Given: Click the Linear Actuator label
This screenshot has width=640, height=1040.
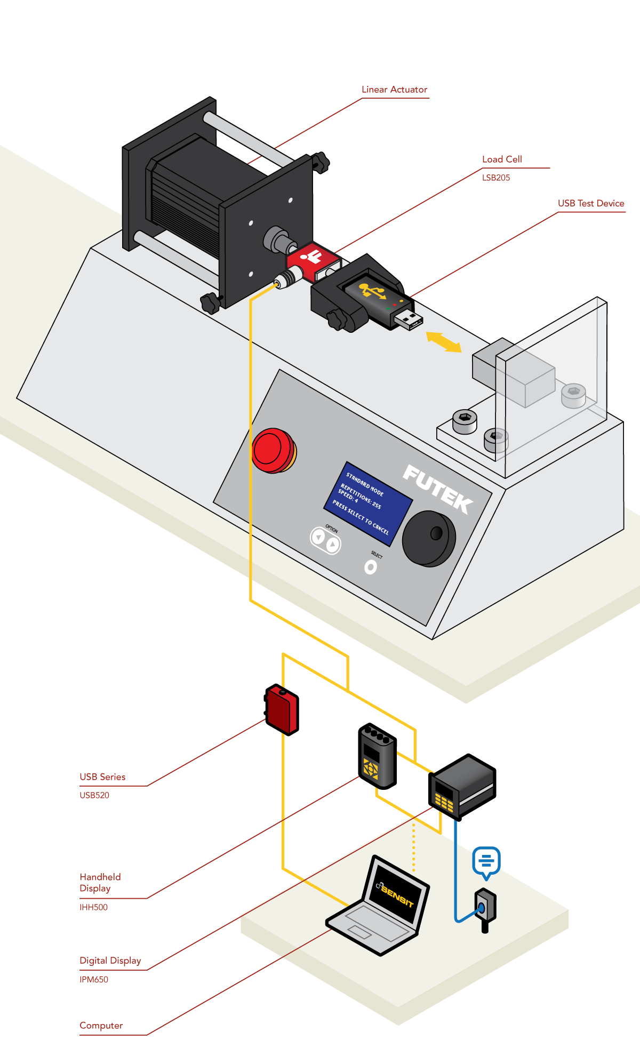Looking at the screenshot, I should [394, 90].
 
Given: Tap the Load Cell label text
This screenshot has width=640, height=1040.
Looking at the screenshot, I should [502, 159].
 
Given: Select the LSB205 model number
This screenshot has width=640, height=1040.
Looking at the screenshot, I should [496, 178].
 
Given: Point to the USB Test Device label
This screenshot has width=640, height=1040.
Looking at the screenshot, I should [590, 204].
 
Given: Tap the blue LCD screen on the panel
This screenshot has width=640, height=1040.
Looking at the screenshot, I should [368, 504].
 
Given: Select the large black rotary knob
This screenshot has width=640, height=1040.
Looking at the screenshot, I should [428, 538].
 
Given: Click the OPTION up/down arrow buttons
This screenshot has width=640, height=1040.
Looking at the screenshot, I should [325, 540].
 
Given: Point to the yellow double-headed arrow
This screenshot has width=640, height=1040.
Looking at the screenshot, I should [444, 342].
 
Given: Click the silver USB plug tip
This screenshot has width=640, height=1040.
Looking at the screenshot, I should [410, 321].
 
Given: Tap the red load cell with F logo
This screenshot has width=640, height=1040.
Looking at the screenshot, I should [312, 260].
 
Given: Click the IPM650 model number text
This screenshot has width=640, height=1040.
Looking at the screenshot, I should [94, 980].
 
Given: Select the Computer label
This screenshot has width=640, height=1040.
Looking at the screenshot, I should [101, 1026].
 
